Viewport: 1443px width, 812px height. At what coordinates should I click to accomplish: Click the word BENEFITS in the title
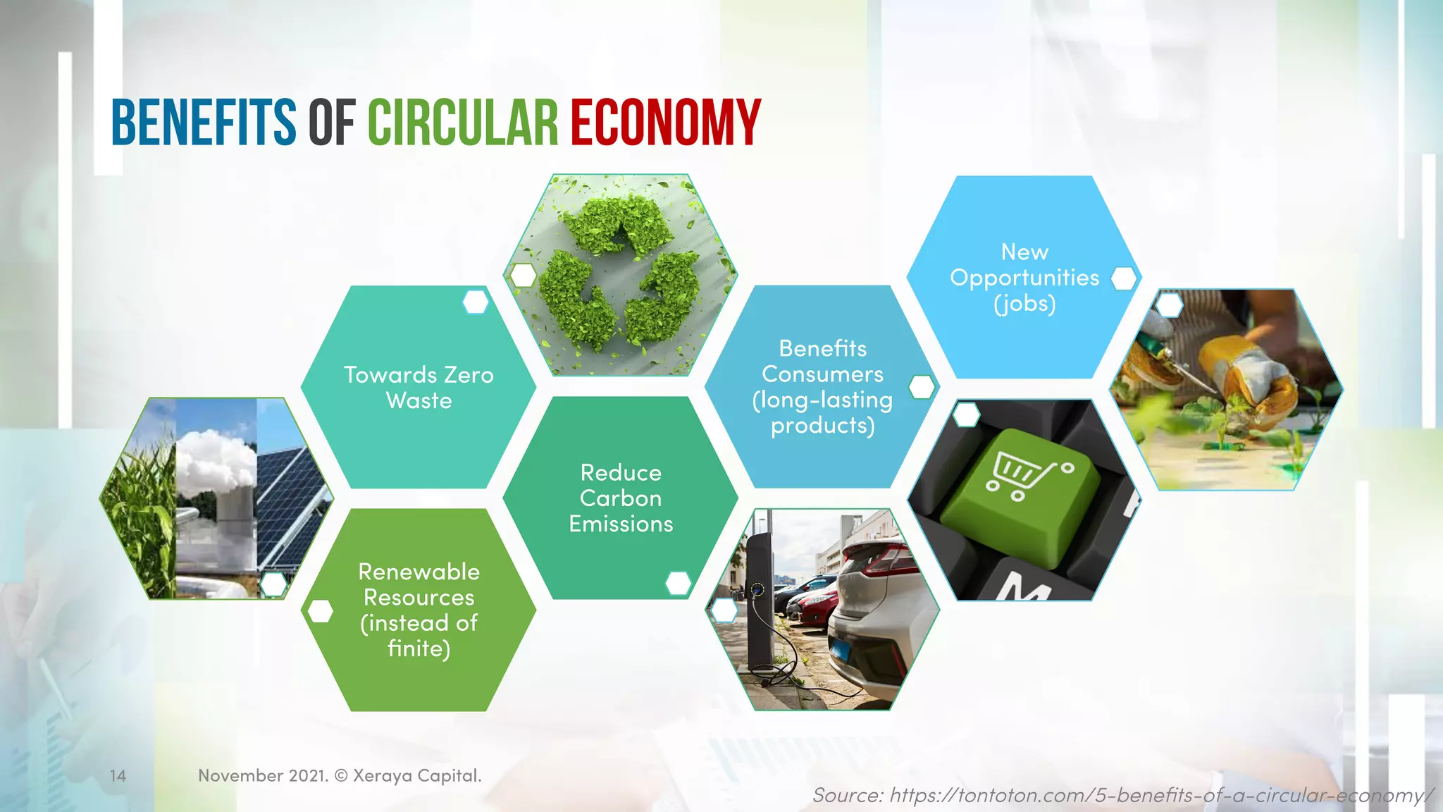(204, 123)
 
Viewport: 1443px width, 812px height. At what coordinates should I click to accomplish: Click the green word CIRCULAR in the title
(463, 123)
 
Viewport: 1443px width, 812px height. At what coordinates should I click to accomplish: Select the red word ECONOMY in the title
(665, 123)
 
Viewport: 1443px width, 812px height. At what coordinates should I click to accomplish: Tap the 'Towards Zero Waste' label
(419, 388)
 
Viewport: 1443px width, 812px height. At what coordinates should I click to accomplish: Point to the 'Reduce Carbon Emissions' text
(621, 498)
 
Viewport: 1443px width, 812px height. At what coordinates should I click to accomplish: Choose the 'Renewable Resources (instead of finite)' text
(419, 610)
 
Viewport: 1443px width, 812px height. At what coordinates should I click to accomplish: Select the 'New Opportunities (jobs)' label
(1024, 278)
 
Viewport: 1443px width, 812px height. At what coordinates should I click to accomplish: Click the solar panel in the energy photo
(289, 493)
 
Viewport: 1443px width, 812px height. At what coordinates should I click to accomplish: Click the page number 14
(118, 776)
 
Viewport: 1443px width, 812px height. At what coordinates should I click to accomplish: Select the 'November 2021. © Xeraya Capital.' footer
(340, 776)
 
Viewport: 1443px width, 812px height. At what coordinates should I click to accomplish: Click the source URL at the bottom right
(1122, 796)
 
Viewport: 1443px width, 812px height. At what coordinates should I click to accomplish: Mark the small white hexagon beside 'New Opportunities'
(1124, 279)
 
